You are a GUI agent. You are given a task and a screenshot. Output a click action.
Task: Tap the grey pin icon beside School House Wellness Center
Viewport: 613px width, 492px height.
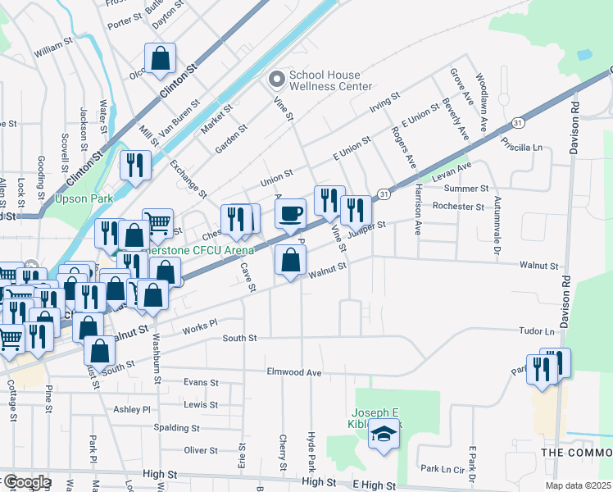(x=276, y=79)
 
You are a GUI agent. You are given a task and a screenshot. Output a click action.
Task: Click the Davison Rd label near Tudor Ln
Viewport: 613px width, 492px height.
(x=564, y=295)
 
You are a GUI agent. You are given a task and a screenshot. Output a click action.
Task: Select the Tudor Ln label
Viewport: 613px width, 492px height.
(x=536, y=331)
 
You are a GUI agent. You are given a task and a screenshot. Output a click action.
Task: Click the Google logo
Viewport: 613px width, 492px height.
(x=26, y=481)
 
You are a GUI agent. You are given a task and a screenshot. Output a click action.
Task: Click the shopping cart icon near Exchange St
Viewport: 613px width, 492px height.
(x=157, y=222)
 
